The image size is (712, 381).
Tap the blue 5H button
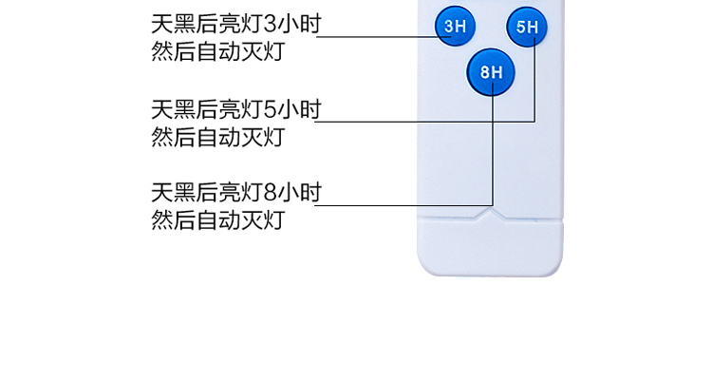[527, 27]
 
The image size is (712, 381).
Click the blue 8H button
[491, 72]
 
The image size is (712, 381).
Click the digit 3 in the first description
[270, 24]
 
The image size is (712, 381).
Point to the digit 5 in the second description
[270, 109]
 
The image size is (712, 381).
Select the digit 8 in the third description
[270, 192]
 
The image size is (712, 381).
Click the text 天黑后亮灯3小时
[236, 24]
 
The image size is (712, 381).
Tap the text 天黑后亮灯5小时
[236, 109]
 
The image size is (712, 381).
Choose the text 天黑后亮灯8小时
[236, 192]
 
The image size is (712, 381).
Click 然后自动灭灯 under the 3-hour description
[218, 51]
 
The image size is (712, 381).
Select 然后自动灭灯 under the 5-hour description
[218, 138]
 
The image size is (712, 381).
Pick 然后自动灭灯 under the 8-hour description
[218, 220]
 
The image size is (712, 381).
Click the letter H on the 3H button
[460, 27]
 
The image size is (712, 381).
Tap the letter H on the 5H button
[533, 28]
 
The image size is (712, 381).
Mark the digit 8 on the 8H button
[485, 72]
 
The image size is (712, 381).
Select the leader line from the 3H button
[384, 36]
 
